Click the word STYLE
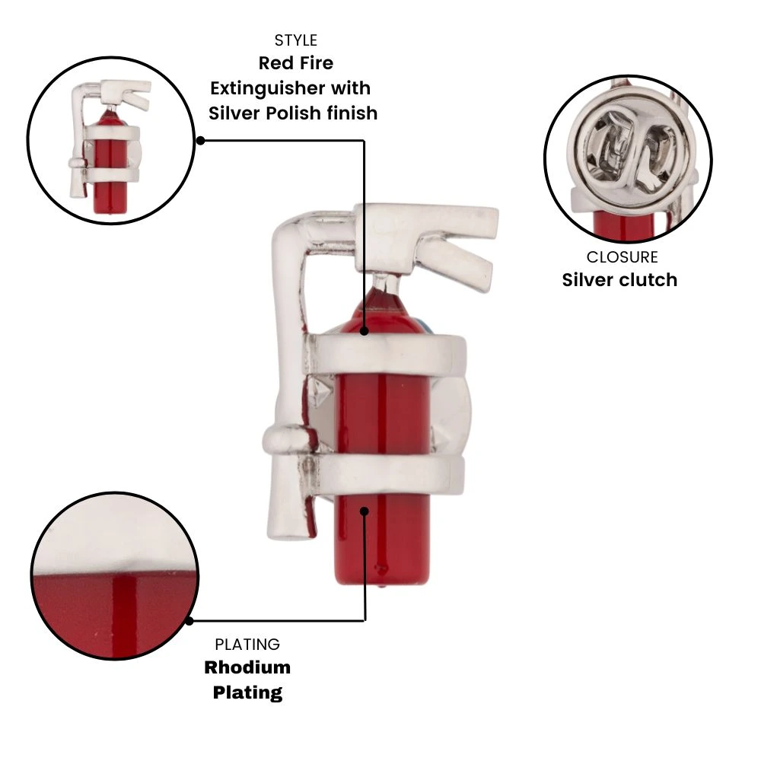point(295,40)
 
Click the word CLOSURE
point(622,256)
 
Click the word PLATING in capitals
point(247,644)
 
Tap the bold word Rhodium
point(247,667)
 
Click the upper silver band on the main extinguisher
point(384,355)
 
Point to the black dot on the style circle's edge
point(200,141)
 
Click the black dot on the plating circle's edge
point(190,620)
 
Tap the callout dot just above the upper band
point(365,331)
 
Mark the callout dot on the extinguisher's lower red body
point(365,511)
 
